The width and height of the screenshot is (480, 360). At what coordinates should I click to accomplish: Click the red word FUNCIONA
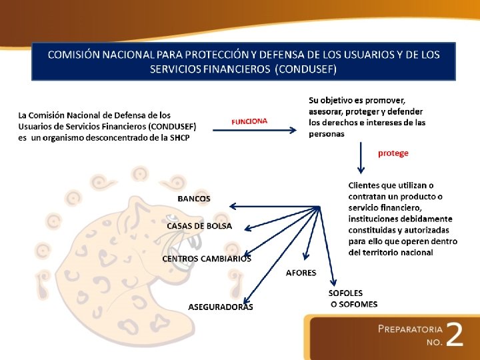point(249,121)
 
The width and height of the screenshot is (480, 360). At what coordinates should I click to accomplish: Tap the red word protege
point(393,153)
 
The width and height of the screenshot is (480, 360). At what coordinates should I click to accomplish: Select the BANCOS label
point(193,199)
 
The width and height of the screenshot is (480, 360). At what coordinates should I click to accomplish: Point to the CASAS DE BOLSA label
point(199,226)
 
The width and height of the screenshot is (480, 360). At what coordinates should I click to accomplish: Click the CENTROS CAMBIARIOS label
point(207,259)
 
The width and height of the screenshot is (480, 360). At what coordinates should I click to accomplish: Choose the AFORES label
point(301,273)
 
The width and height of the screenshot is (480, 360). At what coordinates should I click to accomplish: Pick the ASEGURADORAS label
point(221,307)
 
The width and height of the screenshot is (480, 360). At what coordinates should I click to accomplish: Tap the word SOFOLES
point(345,293)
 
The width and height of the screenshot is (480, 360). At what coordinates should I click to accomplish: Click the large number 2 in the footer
point(454,335)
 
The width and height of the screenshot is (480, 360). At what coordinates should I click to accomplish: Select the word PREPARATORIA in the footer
point(410,329)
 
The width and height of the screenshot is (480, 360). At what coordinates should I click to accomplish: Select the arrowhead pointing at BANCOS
point(232,207)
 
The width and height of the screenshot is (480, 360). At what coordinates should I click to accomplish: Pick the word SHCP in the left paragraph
point(179,137)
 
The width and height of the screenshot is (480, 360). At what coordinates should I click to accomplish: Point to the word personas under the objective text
point(327,133)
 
